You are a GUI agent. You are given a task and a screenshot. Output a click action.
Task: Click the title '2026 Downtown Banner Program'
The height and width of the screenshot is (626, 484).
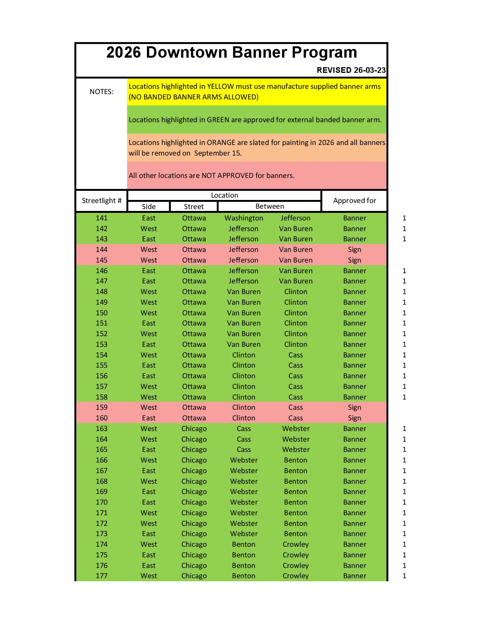point(232,52)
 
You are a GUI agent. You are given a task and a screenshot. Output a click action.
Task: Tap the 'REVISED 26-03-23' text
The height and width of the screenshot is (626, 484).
point(351,70)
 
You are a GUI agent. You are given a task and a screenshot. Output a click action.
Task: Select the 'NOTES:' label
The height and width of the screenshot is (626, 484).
point(101,92)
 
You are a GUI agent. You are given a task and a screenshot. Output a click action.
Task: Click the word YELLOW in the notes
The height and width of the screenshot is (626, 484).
point(220,87)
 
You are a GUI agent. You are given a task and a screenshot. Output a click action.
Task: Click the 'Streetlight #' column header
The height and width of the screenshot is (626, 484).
point(101,201)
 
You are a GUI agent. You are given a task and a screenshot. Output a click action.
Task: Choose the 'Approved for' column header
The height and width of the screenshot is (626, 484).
point(355,201)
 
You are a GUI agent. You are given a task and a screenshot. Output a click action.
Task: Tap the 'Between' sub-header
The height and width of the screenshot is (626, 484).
point(270,206)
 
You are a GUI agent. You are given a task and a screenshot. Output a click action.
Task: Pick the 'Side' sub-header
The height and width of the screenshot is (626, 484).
point(148,206)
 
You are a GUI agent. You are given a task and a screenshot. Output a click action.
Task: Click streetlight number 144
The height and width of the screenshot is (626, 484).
point(101,250)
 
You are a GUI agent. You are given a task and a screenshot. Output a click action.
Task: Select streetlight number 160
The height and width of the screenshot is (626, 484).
point(101,418)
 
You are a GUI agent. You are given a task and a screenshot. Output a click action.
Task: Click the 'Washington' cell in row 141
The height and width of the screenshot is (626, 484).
point(244,218)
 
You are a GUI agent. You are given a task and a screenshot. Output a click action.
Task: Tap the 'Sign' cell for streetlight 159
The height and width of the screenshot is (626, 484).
point(355,407)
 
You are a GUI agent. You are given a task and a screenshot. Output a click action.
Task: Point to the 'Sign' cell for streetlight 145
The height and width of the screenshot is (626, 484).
point(355,260)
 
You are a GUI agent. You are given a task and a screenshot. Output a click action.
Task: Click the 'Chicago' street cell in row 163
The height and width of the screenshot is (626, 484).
point(194,429)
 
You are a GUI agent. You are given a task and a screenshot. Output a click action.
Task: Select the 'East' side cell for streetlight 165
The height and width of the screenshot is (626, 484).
point(148,450)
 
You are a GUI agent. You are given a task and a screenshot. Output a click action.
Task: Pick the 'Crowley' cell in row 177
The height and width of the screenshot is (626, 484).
point(296,576)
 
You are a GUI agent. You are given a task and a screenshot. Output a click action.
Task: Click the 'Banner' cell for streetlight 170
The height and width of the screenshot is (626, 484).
point(355,502)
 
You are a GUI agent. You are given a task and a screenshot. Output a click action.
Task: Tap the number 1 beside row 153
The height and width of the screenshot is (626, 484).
point(404,344)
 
